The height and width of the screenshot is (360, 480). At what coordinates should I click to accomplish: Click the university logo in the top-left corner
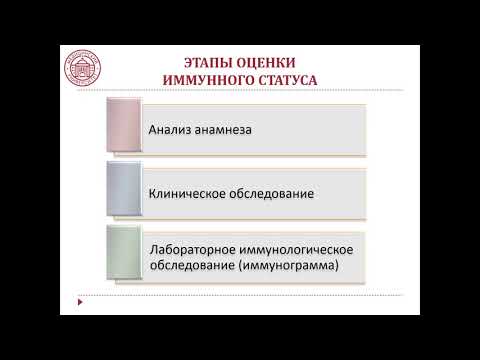coord(83,62)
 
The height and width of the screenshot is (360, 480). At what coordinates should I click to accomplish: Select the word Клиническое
coord(190,192)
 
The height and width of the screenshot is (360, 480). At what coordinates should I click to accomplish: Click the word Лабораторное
coord(194,248)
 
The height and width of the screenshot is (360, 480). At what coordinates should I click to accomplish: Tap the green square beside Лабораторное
coord(125,254)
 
